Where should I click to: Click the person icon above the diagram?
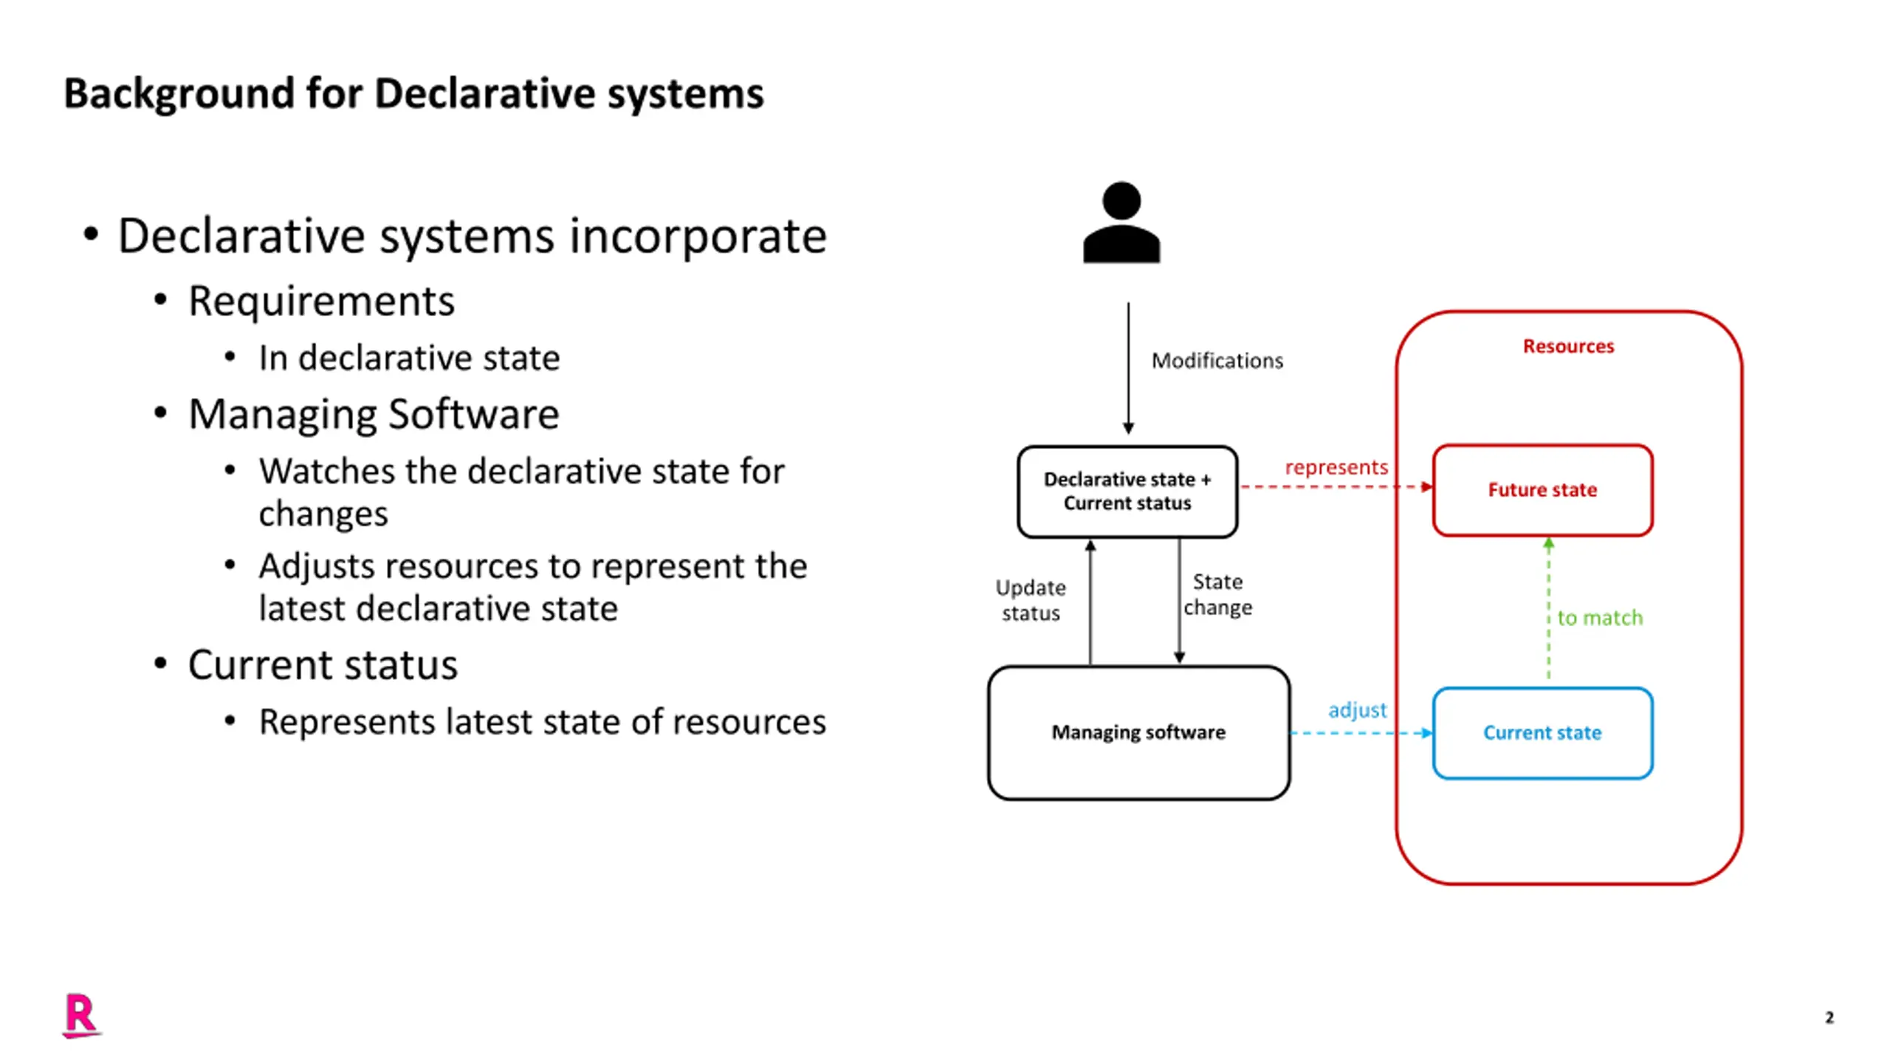coord(1121,222)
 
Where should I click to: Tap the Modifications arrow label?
coord(1217,360)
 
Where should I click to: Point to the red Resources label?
coord(1569,346)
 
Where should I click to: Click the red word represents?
coord(1336,467)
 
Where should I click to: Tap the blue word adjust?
coord(1357,710)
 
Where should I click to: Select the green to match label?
coord(1601,618)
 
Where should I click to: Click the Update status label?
coord(1031,600)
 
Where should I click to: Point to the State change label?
coord(1218,594)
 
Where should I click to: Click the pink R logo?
coord(81,1016)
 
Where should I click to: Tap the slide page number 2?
coord(1829,1017)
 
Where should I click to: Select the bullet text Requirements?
coord(321,301)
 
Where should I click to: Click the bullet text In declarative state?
coord(409,358)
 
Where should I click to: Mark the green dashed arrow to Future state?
coord(1549,609)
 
